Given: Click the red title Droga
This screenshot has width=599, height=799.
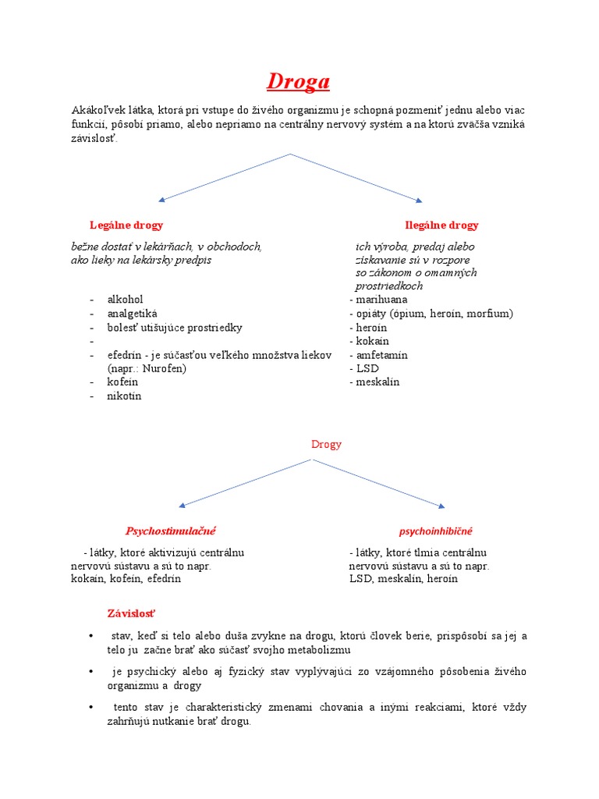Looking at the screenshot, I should click(299, 81).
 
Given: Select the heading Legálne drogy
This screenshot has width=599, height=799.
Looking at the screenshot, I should click(126, 225).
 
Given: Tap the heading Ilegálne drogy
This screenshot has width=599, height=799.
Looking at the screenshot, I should click(441, 225).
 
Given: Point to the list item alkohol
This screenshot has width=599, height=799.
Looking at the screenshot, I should click(125, 300).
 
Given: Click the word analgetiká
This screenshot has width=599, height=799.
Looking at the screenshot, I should click(132, 314).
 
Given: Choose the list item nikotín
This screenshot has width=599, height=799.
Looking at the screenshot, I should click(124, 396).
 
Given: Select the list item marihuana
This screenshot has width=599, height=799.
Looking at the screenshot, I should click(381, 300).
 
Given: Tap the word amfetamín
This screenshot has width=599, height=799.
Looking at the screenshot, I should click(381, 355).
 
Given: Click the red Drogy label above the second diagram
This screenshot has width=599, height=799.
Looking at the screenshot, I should click(326, 444).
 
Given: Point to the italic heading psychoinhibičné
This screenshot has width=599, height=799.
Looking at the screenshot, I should click(435, 531).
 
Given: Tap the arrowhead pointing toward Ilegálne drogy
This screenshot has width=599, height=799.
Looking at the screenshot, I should click(419, 200).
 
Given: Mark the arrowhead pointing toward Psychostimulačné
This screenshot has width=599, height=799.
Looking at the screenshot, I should click(183, 505).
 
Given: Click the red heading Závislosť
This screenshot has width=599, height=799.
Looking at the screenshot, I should click(132, 613).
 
